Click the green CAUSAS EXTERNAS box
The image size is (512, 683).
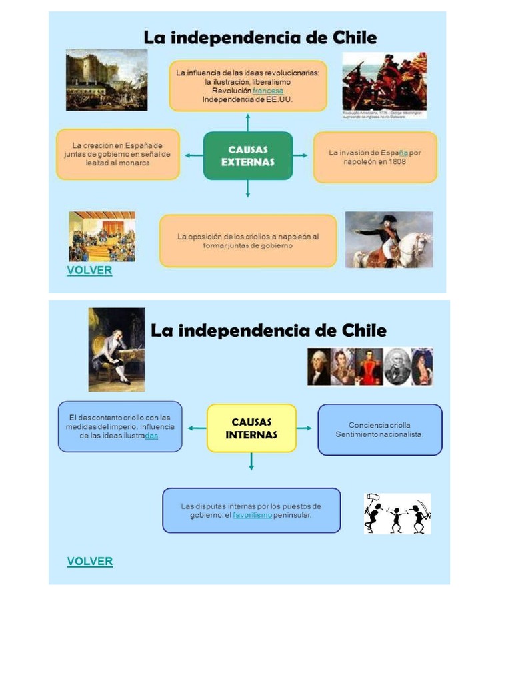click(247, 155)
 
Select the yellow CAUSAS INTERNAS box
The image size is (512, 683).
click(251, 428)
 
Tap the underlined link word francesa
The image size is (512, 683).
click(268, 91)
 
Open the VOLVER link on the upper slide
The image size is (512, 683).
click(89, 271)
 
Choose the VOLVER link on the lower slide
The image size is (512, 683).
click(90, 561)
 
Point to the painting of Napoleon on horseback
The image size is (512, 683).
click(389, 239)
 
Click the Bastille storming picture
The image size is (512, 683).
click(107, 79)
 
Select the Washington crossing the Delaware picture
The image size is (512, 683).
click(385, 82)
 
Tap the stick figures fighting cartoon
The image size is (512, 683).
click(397, 514)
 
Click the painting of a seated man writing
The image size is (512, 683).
click(117, 349)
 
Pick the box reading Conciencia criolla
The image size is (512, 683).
click(379, 430)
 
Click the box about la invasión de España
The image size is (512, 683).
click(375, 157)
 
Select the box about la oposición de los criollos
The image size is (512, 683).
click(248, 241)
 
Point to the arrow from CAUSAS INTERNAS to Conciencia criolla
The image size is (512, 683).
click(305, 428)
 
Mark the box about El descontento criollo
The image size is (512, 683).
click(120, 426)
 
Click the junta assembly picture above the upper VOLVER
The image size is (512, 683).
click(102, 236)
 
